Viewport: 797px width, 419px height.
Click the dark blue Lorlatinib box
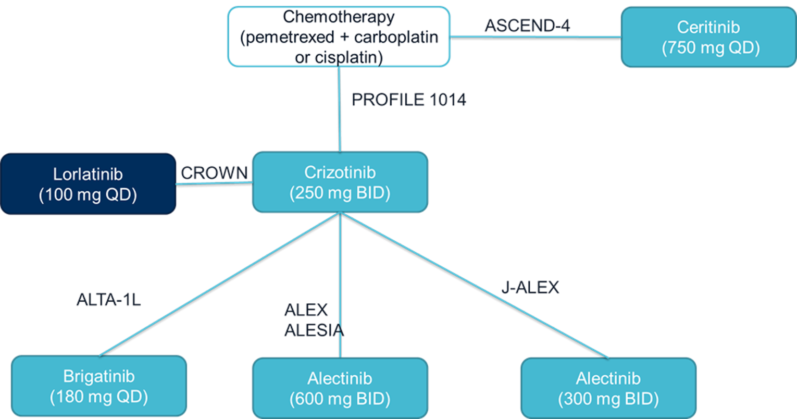[x=88, y=183]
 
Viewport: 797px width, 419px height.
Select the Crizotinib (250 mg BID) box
[x=340, y=182]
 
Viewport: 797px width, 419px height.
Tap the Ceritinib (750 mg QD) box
[x=708, y=37]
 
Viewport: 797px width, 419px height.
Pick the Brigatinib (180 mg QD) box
[x=98, y=386]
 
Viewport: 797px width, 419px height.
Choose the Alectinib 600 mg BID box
[x=340, y=388]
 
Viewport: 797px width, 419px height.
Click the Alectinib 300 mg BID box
[x=608, y=388]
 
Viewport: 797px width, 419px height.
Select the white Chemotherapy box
[x=339, y=36]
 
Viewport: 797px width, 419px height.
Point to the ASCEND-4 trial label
[x=527, y=26]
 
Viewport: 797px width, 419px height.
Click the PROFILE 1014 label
[x=408, y=100]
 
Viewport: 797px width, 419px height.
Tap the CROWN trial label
[x=214, y=172]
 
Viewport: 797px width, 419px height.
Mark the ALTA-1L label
[x=108, y=300]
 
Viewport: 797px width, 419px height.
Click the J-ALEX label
[x=530, y=287]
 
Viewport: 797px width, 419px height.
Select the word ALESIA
[x=314, y=330]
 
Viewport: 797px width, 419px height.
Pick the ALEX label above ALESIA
[x=306, y=310]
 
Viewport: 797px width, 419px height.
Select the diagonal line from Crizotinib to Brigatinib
[x=219, y=284]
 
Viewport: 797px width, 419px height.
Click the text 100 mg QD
[x=88, y=195]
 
